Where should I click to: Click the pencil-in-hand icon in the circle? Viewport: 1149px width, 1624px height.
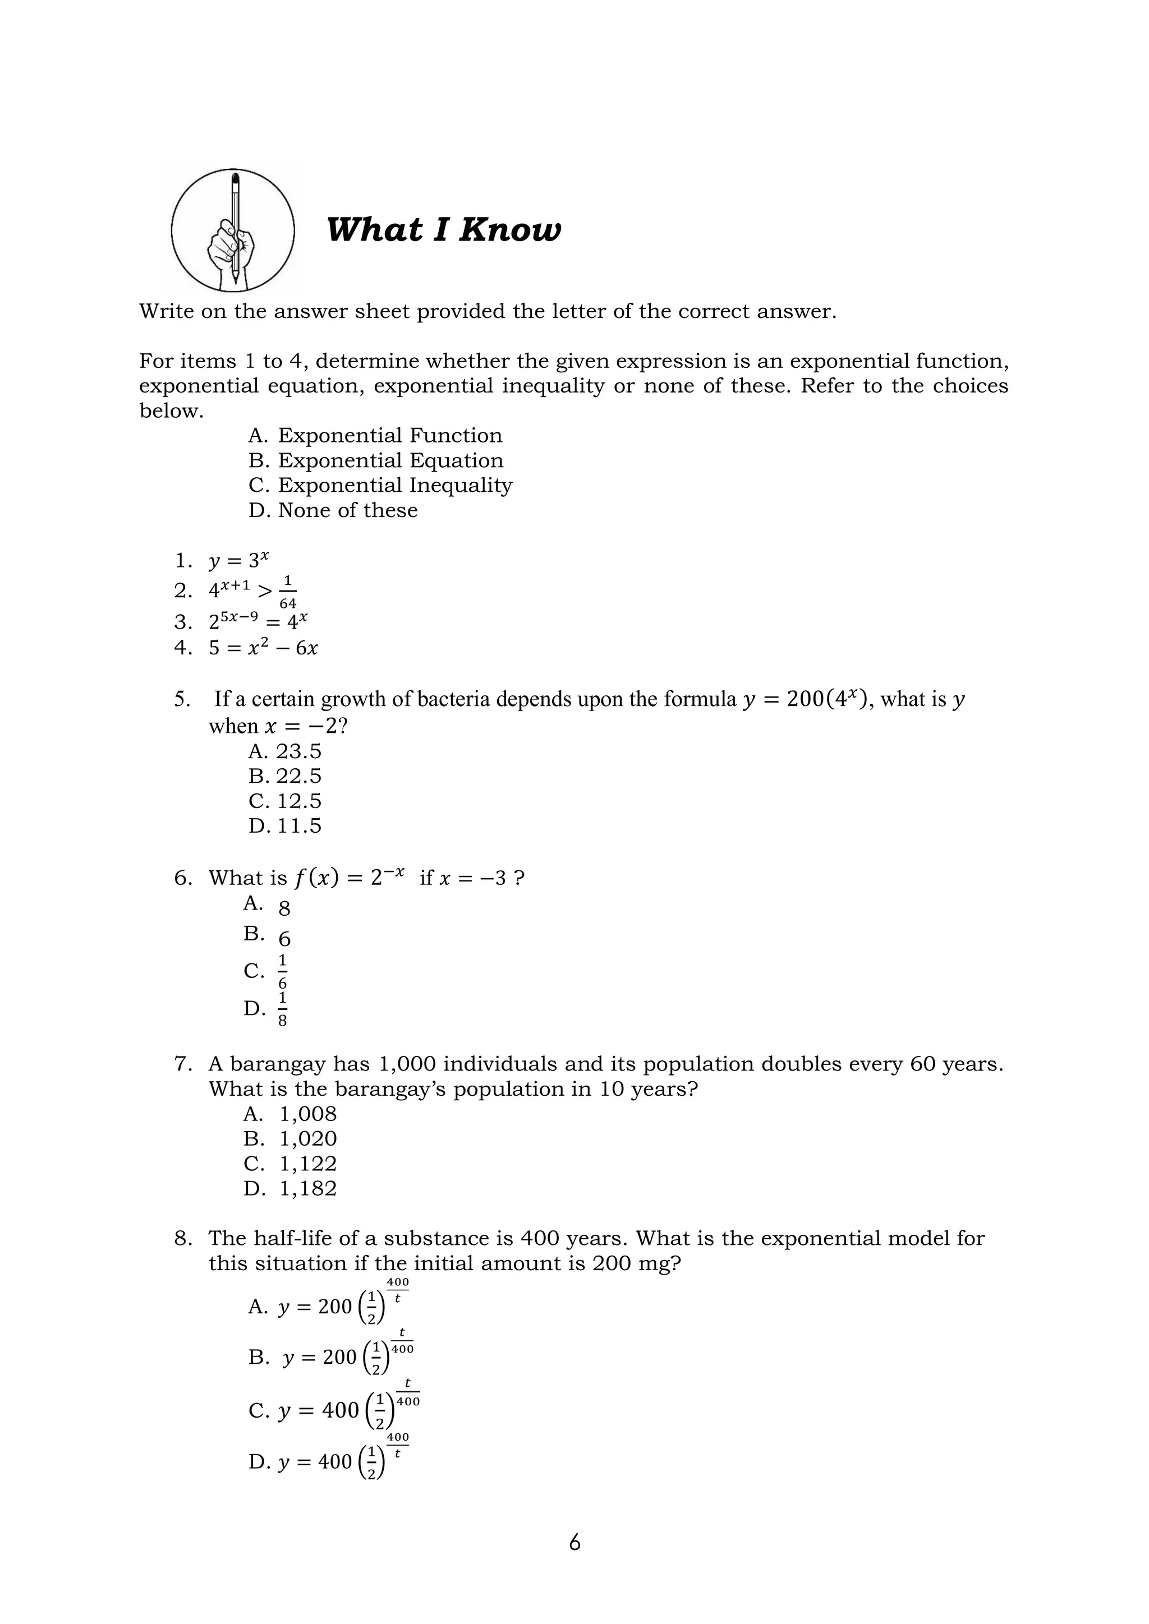coord(233,230)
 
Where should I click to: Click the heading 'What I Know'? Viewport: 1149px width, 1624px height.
coord(444,230)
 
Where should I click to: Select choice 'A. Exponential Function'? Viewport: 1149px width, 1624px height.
coord(375,435)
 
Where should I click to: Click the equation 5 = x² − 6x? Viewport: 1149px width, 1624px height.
coord(263,648)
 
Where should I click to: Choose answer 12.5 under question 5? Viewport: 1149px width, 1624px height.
coord(298,801)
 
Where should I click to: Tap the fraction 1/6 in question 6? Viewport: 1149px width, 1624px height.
coord(282,972)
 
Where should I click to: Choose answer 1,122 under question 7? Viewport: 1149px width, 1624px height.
coord(308,1164)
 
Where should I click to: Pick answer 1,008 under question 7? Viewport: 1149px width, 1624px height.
coord(308,1114)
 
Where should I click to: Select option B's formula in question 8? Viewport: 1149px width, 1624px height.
coord(348,1356)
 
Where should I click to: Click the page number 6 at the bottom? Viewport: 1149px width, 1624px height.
coord(574,1542)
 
